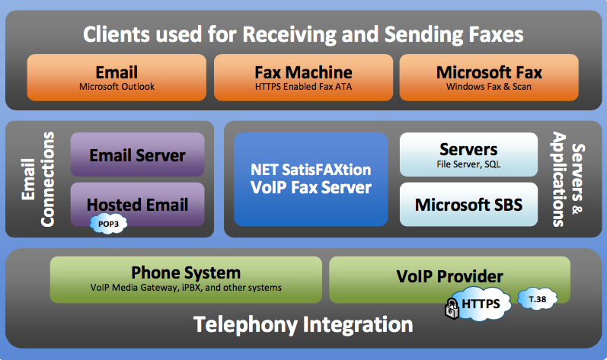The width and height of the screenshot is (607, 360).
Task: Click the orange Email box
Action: pyautogui.click(x=117, y=78)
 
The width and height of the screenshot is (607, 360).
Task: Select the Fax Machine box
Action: pyautogui.click(x=303, y=78)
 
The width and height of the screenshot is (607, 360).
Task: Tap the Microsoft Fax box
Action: pyautogui.click(x=489, y=78)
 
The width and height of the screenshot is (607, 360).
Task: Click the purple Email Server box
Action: pyautogui.click(x=137, y=155)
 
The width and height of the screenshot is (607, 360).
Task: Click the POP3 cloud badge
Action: pyautogui.click(x=108, y=224)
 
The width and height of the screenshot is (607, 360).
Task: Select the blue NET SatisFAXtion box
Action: pyautogui.click(x=311, y=180)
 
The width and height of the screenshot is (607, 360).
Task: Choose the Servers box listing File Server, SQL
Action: pyautogui.click(x=468, y=155)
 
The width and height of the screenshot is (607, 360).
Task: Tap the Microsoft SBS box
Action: pyautogui.click(x=468, y=204)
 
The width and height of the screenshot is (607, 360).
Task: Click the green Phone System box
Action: pyautogui.click(x=186, y=279)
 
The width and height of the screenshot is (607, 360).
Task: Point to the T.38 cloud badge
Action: pyautogui.click(x=538, y=299)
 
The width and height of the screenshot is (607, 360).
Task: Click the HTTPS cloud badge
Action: pyautogui.click(x=481, y=304)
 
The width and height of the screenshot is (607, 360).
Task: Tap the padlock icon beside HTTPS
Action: pyautogui.click(x=452, y=308)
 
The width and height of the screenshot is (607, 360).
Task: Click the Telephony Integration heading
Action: pyautogui.click(x=303, y=324)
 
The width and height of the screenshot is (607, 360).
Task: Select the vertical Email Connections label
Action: pyautogui.click(x=38, y=179)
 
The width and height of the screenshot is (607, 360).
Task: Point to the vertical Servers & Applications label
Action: pyautogui.click(x=568, y=179)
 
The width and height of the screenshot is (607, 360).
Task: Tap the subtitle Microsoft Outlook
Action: pyautogui.click(x=117, y=87)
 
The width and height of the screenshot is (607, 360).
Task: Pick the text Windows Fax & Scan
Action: pyautogui.click(x=488, y=87)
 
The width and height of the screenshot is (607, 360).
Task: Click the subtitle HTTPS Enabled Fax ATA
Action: pyautogui.click(x=303, y=87)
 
